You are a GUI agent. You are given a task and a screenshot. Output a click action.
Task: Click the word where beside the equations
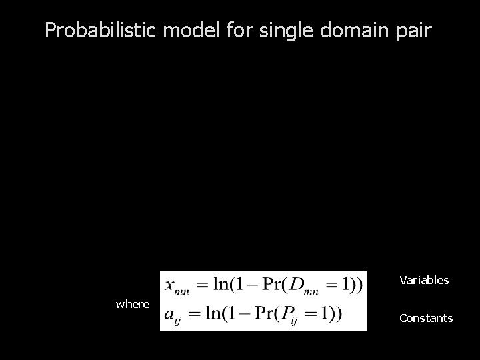[133, 304]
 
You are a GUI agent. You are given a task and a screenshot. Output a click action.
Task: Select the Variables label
[424, 280]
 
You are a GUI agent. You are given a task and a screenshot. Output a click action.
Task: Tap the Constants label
[426, 318]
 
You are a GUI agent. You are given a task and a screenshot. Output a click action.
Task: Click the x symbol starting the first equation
[170, 285]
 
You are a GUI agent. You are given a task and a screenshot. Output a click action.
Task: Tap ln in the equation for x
[215, 285]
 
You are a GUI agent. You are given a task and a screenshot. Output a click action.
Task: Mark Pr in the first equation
[273, 285]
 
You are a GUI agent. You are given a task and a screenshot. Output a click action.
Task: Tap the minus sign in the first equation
[249, 285]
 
